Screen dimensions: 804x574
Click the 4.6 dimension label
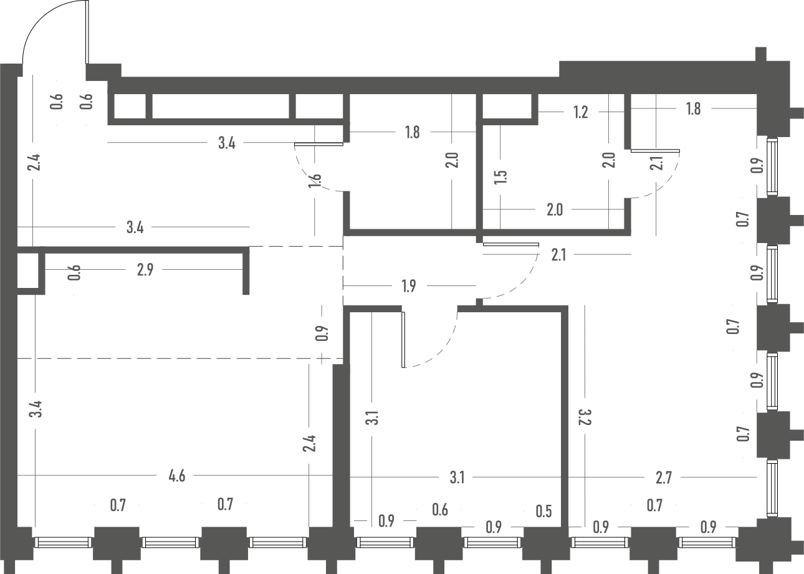pos(177,476)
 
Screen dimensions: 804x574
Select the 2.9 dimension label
pos(145,270)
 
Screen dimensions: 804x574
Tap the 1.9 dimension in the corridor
pos(409,286)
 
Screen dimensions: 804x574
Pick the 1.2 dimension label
pos(581,112)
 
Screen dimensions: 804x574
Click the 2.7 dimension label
pos(664,478)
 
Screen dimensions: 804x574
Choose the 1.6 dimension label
pos(315,181)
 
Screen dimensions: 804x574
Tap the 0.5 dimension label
pos(543,512)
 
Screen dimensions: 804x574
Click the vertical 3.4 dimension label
pos(36,409)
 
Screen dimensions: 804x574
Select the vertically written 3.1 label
pos(372,418)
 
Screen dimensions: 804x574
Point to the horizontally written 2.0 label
pos(555,210)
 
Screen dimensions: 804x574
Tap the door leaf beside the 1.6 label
pos(318,145)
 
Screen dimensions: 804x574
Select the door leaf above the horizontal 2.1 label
pos(510,244)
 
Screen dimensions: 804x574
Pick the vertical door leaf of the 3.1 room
pos(403,340)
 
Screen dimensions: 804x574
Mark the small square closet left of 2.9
pos(27,270)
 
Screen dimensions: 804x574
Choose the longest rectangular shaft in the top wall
pos(221,106)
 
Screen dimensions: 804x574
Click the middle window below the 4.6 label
pos(171,542)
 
